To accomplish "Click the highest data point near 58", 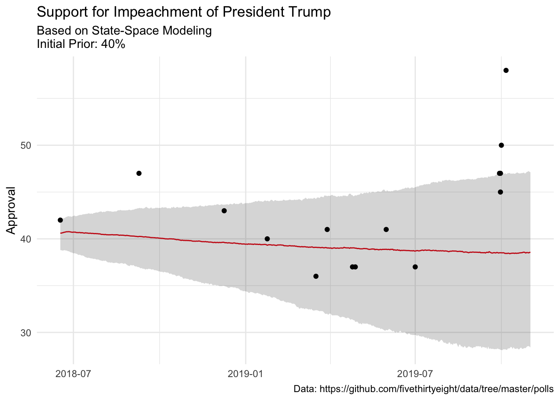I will pyautogui.click(x=506, y=70).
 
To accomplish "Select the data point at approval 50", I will pyautogui.click(x=501, y=145).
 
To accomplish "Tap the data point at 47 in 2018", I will pyautogui.click(x=139, y=173).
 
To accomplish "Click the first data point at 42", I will pyautogui.click(x=60, y=220).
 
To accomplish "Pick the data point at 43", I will pyautogui.click(x=224, y=211).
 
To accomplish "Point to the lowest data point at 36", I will pyautogui.click(x=316, y=276).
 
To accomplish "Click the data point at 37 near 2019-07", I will pyautogui.click(x=415, y=267).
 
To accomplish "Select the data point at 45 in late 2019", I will pyautogui.click(x=500, y=192).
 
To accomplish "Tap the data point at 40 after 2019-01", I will pyautogui.click(x=267, y=239).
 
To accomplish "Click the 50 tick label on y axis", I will pyautogui.click(x=26, y=145).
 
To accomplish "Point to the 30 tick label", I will pyautogui.click(x=26, y=332).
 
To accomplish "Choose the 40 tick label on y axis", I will pyautogui.click(x=26, y=239).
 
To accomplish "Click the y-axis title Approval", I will pyautogui.click(x=11, y=210).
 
